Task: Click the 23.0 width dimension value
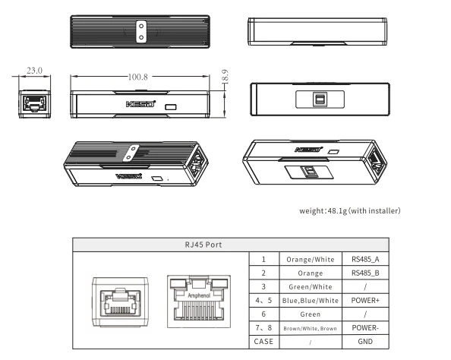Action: [x=34, y=71]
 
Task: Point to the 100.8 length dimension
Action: [x=137, y=77]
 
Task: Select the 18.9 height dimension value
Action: [x=225, y=77]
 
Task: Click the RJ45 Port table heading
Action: [x=203, y=245]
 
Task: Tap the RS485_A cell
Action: [x=365, y=259]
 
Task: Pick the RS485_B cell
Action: [x=365, y=273]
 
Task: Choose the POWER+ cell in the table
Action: [x=365, y=301]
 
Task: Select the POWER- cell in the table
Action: [x=365, y=328]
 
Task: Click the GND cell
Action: [x=365, y=342]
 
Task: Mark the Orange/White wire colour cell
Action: [x=311, y=260]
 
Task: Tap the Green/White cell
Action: [x=311, y=287]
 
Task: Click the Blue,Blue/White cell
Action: [x=311, y=301]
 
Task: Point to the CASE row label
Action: [x=263, y=342]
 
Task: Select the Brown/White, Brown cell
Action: [x=310, y=328]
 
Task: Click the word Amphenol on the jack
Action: [x=199, y=295]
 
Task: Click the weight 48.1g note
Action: [x=350, y=211]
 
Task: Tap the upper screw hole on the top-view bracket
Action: [x=141, y=26]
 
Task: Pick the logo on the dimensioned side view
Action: [x=141, y=103]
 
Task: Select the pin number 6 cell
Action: [x=263, y=314]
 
